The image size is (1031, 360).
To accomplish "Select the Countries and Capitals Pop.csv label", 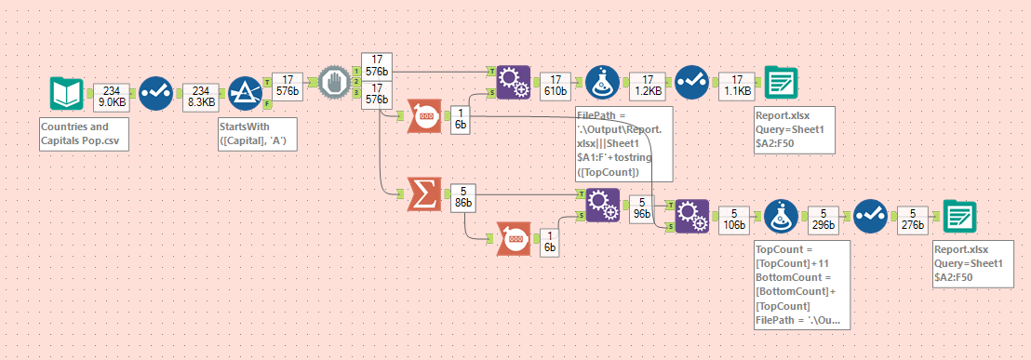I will (74, 133).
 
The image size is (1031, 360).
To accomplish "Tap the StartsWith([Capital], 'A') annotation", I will (256, 133).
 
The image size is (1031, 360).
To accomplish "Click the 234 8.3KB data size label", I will (201, 94).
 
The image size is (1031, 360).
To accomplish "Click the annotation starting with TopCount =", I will (801, 283).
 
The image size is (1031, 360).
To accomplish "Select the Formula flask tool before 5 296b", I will (780, 217).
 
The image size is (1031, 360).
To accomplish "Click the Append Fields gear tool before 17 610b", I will (511, 82).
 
